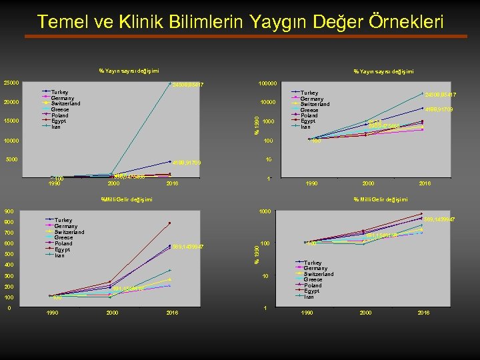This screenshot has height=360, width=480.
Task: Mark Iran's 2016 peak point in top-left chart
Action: click(170, 83)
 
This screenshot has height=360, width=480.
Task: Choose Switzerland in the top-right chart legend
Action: click(315, 104)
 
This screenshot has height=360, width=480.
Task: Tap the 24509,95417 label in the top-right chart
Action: click(439, 95)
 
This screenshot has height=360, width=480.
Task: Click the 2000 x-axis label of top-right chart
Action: click(368, 183)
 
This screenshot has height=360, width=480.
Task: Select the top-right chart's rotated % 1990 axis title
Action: click(258, 123)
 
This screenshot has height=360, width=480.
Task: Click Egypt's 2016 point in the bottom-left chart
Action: click(170, 223)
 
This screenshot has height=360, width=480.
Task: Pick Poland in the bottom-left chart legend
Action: click(63, 243)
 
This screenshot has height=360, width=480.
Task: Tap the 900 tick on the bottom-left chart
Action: click(9, 211)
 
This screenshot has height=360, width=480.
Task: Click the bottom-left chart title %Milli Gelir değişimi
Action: click(127, 199)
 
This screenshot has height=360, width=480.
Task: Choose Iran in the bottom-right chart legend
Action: click(311, 297)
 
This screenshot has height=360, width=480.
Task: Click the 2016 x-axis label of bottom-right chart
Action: click(423, 312)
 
